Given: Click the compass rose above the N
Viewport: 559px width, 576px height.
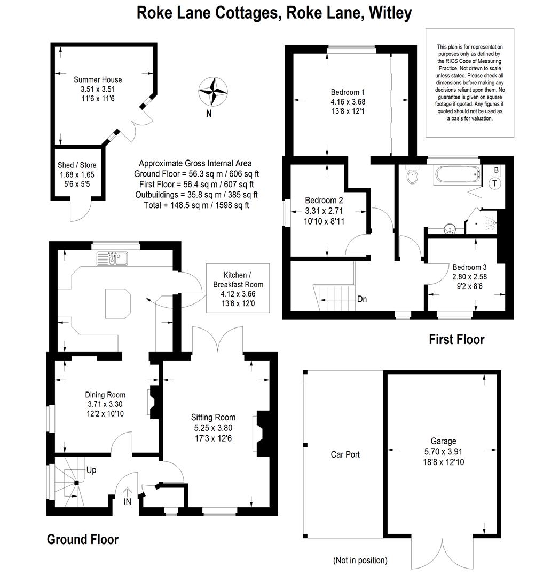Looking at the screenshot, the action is coord(213,92).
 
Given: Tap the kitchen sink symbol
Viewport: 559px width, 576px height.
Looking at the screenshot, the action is coord(112,258).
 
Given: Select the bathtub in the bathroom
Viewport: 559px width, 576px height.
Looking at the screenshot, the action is coord(458,174).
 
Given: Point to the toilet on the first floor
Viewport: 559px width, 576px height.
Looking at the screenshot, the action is coord(413,174).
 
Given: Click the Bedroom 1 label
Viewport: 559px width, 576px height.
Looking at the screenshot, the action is coord(348,92).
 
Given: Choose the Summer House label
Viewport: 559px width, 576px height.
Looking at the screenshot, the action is coord(98,79).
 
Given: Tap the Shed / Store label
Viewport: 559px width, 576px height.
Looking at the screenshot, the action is coord(77,165).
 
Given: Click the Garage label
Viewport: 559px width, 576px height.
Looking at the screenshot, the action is coord(444,441).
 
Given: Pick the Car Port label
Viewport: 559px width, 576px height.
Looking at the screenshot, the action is coord(345,454).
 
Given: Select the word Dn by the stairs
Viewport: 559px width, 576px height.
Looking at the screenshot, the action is coord(362,299).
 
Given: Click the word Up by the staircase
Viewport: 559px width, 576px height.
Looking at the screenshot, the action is coord(91,470).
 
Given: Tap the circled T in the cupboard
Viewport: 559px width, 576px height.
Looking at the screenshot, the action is coord(494,183).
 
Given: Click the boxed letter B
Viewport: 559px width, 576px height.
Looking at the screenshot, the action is coord(496,170).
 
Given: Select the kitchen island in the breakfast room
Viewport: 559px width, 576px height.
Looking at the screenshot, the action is coord(118,303).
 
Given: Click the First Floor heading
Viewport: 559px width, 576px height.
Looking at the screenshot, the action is coord(456,339).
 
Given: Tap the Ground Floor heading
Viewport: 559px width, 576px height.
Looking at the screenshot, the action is coord(83,539).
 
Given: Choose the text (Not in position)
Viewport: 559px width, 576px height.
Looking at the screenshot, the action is coord(360,560).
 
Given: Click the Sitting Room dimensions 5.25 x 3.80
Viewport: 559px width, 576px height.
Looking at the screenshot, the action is coord(214,428).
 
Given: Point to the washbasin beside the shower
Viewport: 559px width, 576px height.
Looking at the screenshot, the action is coord(449,229).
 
